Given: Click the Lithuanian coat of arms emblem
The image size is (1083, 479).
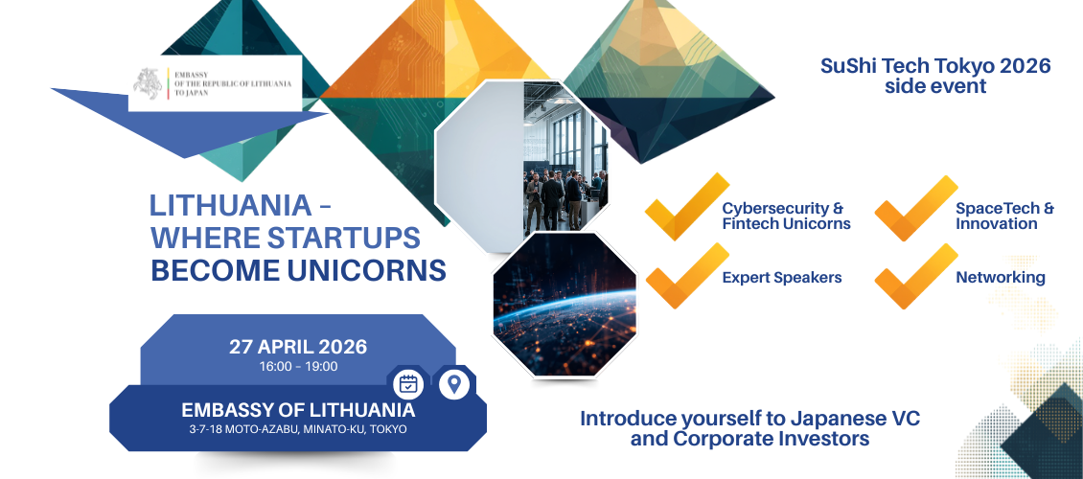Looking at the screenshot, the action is [148, 83].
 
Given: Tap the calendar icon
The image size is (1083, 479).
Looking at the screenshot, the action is [408, 384].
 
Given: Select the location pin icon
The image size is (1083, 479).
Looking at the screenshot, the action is [453, 384].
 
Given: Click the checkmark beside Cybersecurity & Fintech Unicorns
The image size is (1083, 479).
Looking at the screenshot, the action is [686, 206].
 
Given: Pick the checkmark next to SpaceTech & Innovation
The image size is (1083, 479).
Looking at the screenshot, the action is [916, 208].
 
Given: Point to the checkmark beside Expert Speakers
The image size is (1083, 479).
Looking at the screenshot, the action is [686, 275].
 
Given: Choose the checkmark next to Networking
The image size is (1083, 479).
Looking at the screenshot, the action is [916, 276].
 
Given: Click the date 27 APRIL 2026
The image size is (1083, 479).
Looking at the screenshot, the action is [298, 347].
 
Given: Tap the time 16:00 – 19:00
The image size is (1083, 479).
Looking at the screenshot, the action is [298, 367].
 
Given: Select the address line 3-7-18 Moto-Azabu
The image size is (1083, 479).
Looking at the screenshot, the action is [298, 429].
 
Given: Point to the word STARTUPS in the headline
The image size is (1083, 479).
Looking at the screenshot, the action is [343, 238].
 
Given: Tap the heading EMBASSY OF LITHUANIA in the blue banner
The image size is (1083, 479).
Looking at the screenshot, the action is [298, 410].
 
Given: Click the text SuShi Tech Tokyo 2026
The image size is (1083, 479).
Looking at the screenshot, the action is [935, 66].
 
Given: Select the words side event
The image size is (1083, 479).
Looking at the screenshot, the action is [935, 87].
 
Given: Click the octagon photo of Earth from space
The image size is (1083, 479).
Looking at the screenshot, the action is [565, 305].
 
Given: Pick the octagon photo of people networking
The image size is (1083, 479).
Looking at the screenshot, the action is [522, 167].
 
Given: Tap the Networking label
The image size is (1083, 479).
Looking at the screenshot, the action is [1001, 278].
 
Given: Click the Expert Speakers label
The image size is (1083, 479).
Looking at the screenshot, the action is [782, 278].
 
